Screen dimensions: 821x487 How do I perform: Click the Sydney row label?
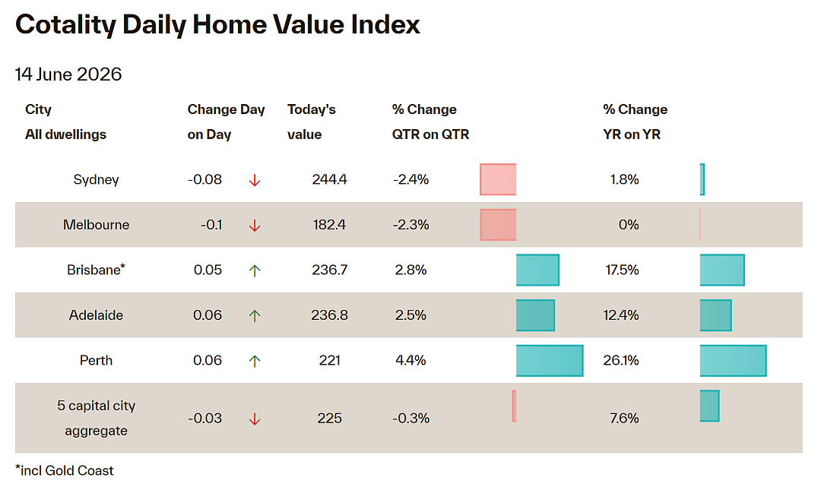coord(96,179)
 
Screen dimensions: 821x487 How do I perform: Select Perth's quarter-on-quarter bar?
coord(550,360)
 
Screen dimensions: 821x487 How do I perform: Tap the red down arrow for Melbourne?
coord(255,226)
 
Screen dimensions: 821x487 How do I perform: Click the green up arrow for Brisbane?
coord(255,270)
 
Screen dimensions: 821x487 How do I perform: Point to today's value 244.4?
coord(329,179)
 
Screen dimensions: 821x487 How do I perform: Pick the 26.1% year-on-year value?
coord(621,360)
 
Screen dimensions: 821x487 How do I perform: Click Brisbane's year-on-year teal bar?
coord(722,270)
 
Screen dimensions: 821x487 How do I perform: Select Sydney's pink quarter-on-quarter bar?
coord(498,179)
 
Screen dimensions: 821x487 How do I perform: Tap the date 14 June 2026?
coord(68,74)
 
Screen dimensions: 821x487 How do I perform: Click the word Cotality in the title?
coord(65,24)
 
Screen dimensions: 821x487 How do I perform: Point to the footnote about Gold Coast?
coord(65,471)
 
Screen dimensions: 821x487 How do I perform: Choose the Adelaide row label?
coord(96,315)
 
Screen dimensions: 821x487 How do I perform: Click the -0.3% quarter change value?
coord(411,418)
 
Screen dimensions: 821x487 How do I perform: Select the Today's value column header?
coord(312,122)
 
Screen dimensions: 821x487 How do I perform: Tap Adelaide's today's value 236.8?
coord(329,315)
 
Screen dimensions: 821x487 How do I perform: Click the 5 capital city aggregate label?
coord(96,418)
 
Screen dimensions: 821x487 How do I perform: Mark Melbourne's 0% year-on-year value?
coord(629,225)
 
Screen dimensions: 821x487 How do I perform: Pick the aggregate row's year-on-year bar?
coord(709,406)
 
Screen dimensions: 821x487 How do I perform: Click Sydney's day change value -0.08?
coord(204,179)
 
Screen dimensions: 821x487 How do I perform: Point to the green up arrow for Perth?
coord(255,361)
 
